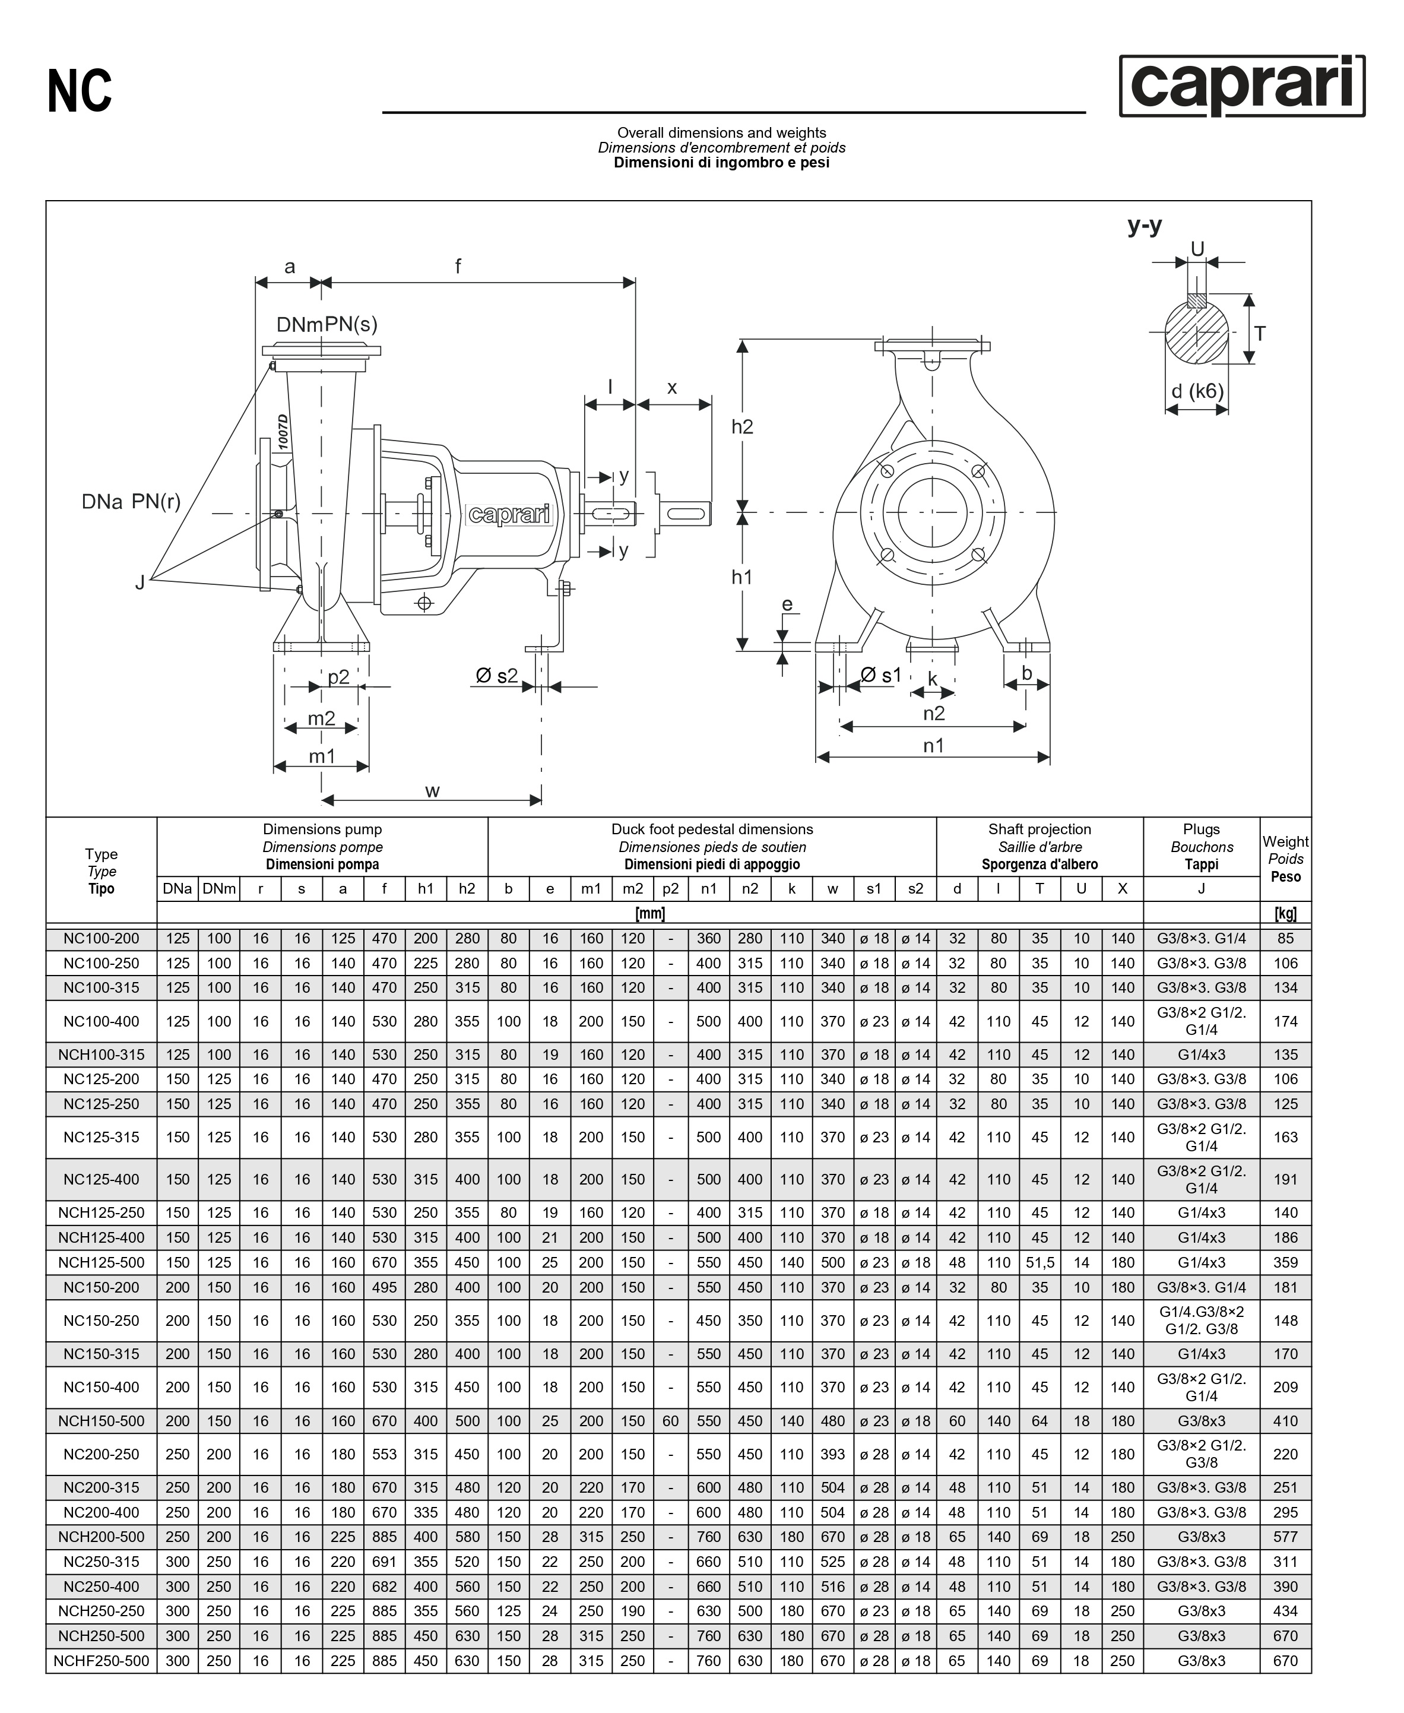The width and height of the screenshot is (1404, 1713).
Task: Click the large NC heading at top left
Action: [x=80, y=91]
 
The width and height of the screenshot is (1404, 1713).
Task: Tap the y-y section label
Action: [x=1145, y=226]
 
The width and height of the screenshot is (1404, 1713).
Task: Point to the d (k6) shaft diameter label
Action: [x=1197, y=391]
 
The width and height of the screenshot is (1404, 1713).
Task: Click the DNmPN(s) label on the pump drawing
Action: [x=327, y=324]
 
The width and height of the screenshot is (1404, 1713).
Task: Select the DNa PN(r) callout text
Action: [x=131, y=502]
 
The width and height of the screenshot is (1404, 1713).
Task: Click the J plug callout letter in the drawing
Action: [x=140, y=582]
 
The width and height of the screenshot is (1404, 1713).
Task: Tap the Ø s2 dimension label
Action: [x=496, y=675]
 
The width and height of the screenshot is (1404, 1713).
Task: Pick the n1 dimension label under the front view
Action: [x=933, y=746]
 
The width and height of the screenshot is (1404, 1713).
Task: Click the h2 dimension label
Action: [x=741, y=427]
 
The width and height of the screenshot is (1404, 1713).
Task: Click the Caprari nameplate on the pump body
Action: [x=509, y=514]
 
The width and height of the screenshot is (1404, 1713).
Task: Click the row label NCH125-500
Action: [x=101, y=1262]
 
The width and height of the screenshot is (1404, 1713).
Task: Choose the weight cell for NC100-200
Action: [x=1285, y=939]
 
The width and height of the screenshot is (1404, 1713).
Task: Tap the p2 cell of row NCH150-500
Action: [x=670, y=1421]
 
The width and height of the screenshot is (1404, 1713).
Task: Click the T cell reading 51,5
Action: [x=1039, y=1262]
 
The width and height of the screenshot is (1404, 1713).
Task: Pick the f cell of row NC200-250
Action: [x=384, y=1454]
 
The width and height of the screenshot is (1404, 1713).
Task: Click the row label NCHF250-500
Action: [x=101, y=1661]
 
